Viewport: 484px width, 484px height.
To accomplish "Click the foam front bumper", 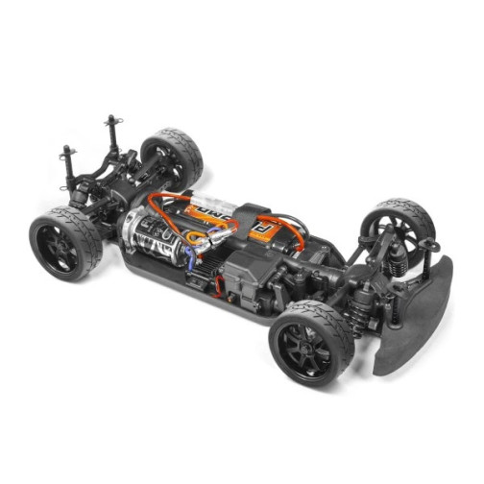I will coord(418,317).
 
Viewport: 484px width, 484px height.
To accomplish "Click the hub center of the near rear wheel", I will coord(60,248).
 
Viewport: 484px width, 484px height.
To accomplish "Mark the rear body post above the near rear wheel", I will coord(68,163).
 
